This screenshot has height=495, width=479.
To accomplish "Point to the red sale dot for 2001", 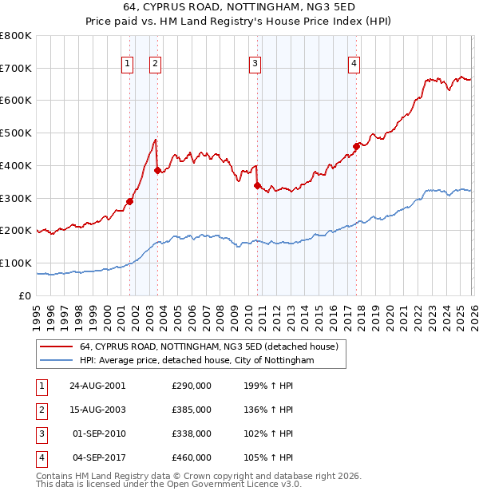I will (x=130, y=201).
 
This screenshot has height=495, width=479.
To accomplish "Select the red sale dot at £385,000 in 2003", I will (x=158, y=170).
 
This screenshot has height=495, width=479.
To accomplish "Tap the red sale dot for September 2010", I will (x=257, y=185).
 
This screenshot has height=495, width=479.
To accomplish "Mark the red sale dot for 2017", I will (x=356, y=146).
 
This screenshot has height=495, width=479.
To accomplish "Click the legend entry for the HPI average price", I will (x=196, y=361).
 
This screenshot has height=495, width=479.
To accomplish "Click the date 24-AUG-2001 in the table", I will (x=97, y=386).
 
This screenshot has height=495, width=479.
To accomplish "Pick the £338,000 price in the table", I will (x=192, y=434).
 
